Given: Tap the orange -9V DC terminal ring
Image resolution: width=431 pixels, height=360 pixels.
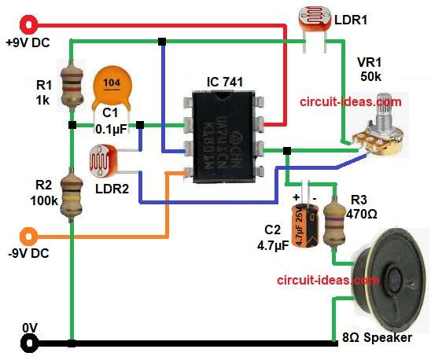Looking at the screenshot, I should (x=30, y=234).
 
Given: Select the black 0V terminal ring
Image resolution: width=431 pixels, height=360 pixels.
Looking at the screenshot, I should (x=31, y=343).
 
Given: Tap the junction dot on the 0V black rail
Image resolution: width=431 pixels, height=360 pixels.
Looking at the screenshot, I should (x=72, y=343).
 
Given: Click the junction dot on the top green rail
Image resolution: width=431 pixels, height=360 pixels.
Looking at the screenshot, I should (x=162, y=41).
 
